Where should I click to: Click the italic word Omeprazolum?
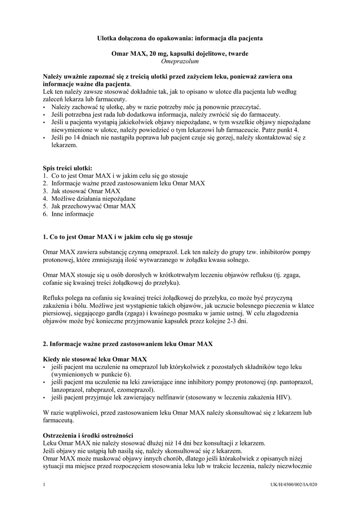pyautogui.click(x=180, y=61)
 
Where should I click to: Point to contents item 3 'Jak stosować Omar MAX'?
pyautogui.click(x=82, y=191)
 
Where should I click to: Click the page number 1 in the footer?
pyautogui.click(x=44, y=485)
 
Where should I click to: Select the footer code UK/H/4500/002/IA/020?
pyautogui.click(x=293, y=485)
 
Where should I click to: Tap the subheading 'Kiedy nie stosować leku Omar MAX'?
pyautogui.click(x=95, y=359)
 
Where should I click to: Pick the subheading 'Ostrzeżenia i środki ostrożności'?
pyautogui.click(x=88, y=435)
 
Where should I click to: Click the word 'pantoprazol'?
pyautogui.click(x=298, y=382)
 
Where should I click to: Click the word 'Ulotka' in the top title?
pyautogui.click(x=106, y=38)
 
